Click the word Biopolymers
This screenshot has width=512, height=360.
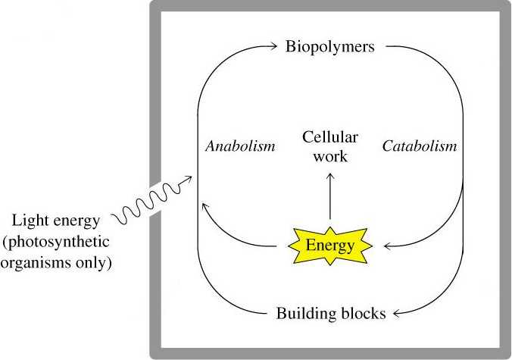[330, 47]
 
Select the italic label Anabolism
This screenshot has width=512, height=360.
[240, 146]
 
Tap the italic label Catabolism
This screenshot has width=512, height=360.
[419, 146]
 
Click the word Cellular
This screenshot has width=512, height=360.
[330, 138]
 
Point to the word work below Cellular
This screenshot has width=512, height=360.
[330, 157]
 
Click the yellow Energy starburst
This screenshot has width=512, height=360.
[329, 245]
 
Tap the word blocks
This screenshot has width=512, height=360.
[362, 312]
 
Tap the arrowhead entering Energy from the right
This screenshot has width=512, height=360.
[388, 246]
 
